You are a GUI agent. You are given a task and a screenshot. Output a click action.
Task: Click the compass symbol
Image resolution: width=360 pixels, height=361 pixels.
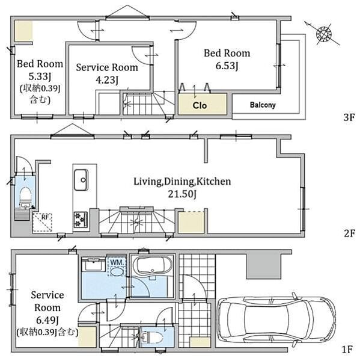click(x=323, y=34)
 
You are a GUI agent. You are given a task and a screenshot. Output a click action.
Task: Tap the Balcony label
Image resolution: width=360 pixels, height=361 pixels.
click(x=263, y=105)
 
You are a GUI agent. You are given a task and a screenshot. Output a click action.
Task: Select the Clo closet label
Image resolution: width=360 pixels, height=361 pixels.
click(x=200, y=105)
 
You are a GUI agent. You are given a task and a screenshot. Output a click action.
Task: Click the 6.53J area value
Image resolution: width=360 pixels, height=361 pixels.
click(x=227, y=66)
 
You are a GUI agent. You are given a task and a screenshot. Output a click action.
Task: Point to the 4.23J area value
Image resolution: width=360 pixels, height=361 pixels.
click(x=107, y=80)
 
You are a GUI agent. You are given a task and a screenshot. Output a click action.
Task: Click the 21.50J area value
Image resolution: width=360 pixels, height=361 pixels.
click(x=182, y=194)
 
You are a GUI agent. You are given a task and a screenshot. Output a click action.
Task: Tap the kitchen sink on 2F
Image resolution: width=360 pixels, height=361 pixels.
click(x=81, y=180)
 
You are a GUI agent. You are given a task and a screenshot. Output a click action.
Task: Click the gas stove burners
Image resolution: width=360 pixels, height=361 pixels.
click(x=81, y=220)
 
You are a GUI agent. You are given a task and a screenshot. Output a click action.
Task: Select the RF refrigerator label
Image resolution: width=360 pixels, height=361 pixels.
click(x=44, y=217)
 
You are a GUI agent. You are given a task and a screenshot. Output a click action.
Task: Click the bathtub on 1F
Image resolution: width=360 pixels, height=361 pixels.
click(x=153, y=265)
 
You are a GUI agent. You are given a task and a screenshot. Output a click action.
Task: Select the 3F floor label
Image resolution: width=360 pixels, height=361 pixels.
click(x=349, y=117)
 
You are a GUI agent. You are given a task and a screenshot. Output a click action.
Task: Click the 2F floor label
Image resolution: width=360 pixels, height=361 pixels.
click(x=349, y=233)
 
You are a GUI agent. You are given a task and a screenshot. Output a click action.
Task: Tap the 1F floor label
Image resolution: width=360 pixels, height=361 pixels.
click(x=347, y=350)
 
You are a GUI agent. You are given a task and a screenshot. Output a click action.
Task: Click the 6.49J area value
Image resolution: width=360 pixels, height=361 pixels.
click(x=47, y=320)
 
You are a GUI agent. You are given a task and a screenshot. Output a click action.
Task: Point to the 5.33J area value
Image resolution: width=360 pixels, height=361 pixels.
click(x=40, y=76)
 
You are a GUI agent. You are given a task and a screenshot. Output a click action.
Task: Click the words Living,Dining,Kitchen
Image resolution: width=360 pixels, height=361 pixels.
click(x=182, y=182)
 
